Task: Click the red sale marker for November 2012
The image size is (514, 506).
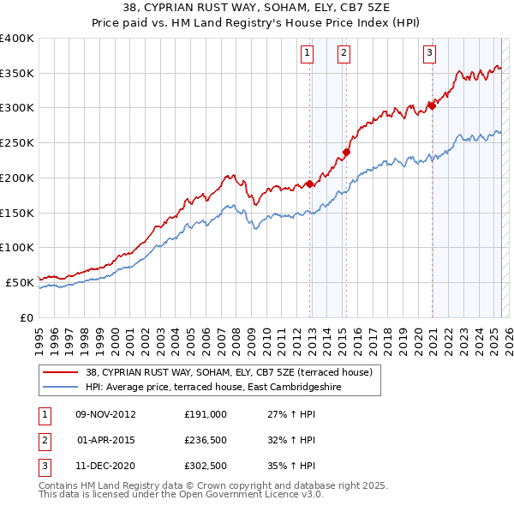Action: pyautogui.click(x=309, y=184)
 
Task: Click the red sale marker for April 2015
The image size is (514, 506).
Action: pyautogui.click(x=347, y=153)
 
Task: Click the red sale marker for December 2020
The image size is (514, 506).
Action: pyautogui.click(x=433, y=106)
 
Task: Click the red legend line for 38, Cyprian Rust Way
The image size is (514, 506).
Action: pyautogui.click(x=61, y=373)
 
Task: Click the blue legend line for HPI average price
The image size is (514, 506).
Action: pyautogui.click(x=61, y=388)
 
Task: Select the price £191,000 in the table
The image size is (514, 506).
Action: pyautogui.click(x=206, y=413)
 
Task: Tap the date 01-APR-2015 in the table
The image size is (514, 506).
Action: pyautogui.click(x=105, y=441)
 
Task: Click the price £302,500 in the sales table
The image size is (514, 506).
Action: pyautogui.click(x=206, y=468)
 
